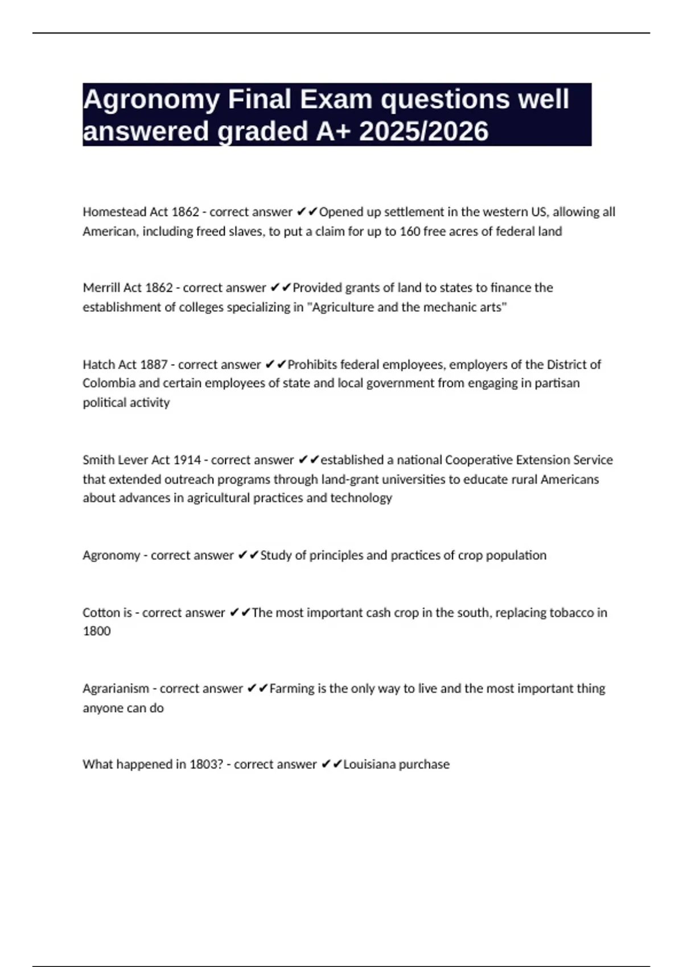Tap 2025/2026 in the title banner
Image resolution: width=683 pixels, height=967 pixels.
coord(424,131)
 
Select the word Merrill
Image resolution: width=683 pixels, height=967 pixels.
coord(98,288)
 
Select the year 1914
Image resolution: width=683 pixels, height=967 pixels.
coord(187,460)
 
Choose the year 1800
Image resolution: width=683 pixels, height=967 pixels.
coord(97,631)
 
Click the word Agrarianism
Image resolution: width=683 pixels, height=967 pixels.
coord(116,689)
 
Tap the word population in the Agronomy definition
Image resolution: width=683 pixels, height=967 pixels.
coord(515,555)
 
